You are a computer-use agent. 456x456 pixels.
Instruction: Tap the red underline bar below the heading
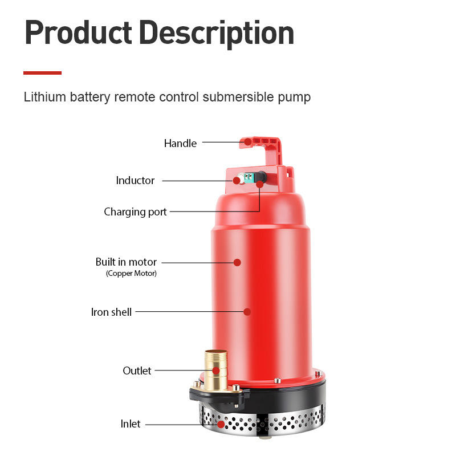pos(42,73)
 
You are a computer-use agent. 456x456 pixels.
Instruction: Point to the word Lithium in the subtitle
pos(45,97)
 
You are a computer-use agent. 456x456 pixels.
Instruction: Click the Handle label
pos(180,143)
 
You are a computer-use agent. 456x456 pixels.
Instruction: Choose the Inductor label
pos(135,180)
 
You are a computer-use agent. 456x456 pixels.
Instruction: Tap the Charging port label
pos(135,212)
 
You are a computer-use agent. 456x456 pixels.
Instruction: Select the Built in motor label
pos(126,262)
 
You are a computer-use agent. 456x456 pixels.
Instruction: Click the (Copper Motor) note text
pos(131,274)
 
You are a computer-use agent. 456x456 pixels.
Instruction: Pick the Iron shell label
pos(111,312)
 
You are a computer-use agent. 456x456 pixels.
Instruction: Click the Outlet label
pos(137,370)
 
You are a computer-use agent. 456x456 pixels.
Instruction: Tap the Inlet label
pos(130,424)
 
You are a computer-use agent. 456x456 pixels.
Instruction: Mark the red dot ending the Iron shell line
pos(247,312)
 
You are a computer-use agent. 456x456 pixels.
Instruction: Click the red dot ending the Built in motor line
pos(237,262)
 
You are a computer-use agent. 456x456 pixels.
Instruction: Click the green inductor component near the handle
pos(247,178)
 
